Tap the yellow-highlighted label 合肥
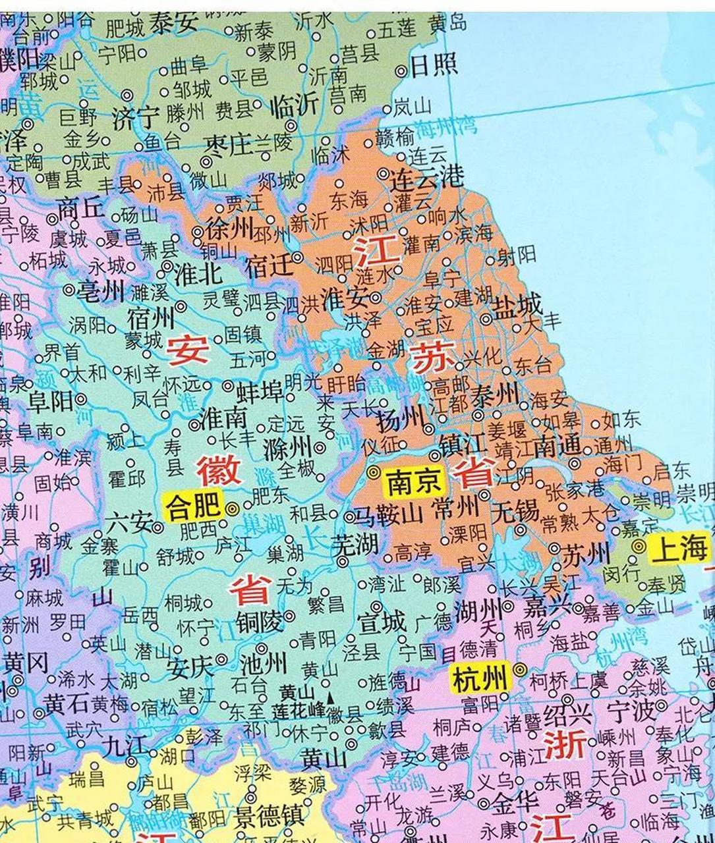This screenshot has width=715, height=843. [192, 508]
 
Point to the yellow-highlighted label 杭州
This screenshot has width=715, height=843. [479, 676]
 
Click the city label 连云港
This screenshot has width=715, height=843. [428, 177]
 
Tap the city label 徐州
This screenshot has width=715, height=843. [229, 229]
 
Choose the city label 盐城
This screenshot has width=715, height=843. [519, 304]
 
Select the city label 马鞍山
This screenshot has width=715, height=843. [389, 514]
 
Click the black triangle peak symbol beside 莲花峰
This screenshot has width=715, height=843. [329, 701]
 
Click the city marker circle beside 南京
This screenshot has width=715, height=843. [374, 472]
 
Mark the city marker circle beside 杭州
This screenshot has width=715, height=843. [520, 670]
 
